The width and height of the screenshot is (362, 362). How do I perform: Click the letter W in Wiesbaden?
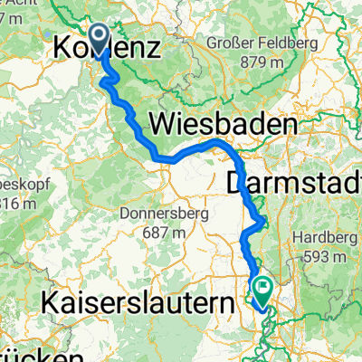[148, 124]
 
